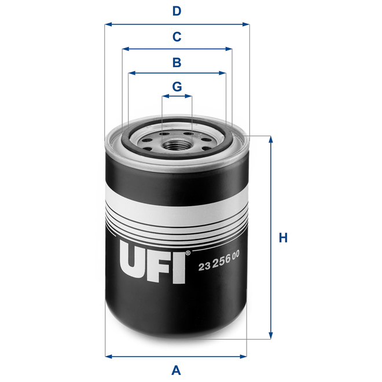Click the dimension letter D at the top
coord(177,11)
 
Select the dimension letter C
coord(177,37)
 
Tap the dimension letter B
coord(177,62)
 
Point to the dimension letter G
coord(177,87)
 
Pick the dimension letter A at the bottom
coord(177,370)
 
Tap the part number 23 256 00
coord(219,266)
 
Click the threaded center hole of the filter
coord(177,139)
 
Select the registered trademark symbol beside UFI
coord(187,253)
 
